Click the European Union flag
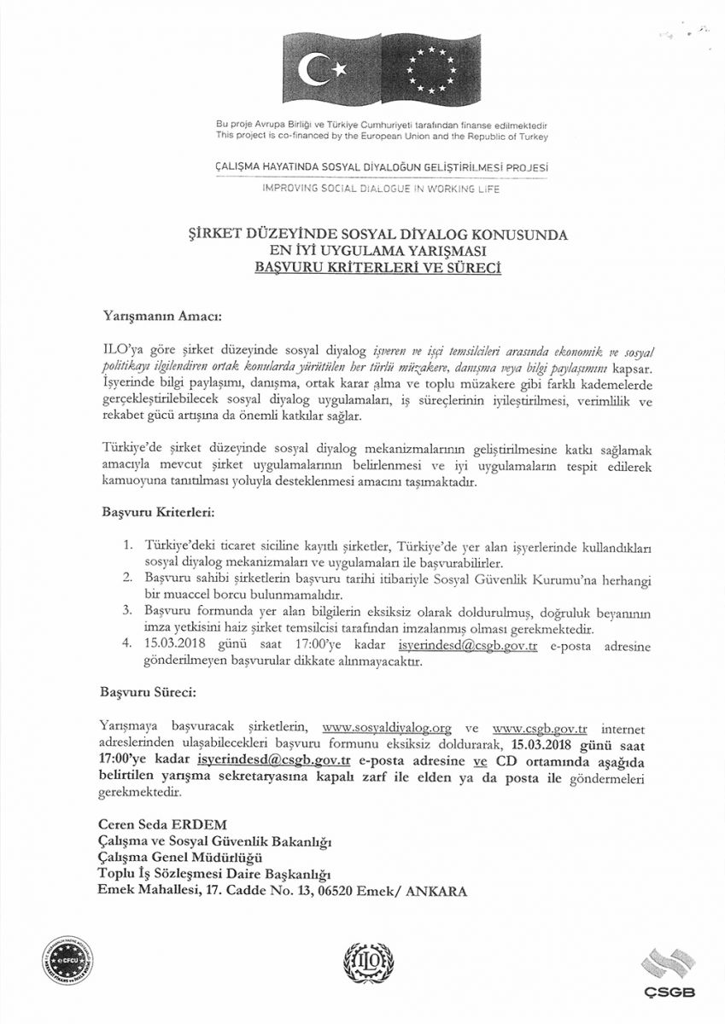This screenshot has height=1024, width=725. [x=431, y=70]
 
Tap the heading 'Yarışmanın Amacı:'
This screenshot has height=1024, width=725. [x=161, y=317]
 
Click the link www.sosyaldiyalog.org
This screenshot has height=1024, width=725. [x=386, y=728]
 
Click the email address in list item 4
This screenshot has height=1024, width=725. [x=468, y=646]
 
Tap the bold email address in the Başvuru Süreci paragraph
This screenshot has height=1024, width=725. [x=274, y=759]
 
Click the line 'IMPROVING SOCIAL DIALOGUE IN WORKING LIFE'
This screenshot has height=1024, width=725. [x=381, y=189]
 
